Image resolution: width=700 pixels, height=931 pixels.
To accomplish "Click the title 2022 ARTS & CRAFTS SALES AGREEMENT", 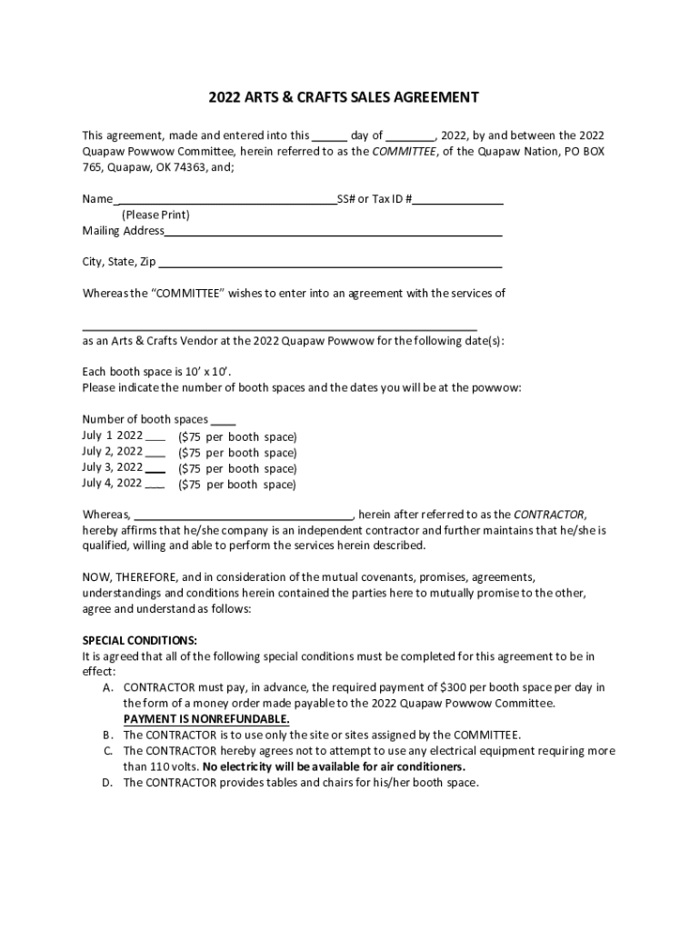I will (x=344, y=97).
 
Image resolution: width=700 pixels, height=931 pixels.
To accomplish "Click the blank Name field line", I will (x=225, y=201).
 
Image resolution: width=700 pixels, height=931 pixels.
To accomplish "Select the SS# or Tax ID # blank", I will (x=458, y=201).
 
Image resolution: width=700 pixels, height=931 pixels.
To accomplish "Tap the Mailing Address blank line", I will (x=334, y=232).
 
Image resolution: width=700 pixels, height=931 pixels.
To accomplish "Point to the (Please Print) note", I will (x=155, y=215).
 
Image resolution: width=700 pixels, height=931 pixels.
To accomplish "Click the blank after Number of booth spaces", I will (x=224, y=421).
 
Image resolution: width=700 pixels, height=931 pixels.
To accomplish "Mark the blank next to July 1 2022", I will (x=155, y=436).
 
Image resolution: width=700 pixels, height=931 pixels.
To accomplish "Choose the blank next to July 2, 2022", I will (x=155, y=453).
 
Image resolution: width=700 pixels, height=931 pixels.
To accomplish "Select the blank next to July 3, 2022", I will (x=155, y=469).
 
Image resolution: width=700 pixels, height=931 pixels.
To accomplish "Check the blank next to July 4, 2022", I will (x=155, y=485).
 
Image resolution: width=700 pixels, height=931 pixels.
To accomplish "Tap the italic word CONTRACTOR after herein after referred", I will (x=549, y=514).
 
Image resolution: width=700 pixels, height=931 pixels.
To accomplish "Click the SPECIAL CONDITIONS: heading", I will (x=139, y=639).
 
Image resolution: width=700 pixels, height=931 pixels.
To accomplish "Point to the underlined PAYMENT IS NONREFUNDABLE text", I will (x=206, y=718).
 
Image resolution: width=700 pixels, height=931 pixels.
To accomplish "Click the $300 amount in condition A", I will (x=454, y=687).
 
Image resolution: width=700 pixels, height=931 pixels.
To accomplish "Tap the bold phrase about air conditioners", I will (x=373, y=766).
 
